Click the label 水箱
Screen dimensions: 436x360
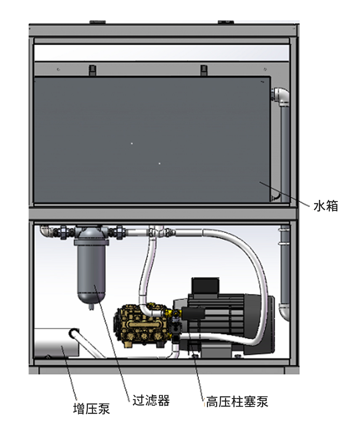[326, 206]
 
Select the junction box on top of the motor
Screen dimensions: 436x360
[205, 286]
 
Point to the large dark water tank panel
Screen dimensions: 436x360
[151, 139]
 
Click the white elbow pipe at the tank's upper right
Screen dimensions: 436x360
[280, 95]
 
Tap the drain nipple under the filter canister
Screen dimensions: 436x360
[91, 306]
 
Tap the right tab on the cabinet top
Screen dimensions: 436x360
[222, 21]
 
